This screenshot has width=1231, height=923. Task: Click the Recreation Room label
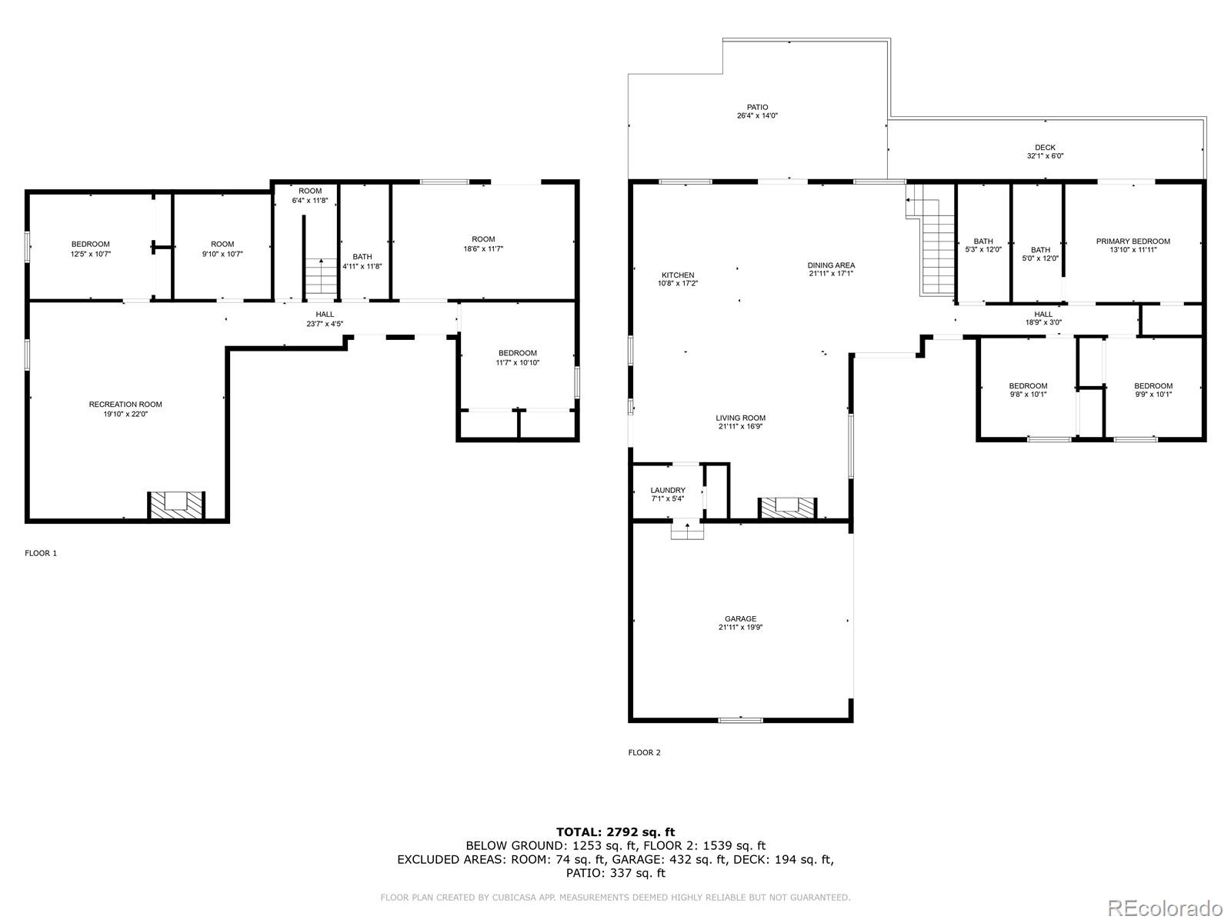125,405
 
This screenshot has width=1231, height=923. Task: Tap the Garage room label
740,618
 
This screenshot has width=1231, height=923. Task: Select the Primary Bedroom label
1133,242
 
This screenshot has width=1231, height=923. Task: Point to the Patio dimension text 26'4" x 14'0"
757,116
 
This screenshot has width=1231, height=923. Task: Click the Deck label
1046,148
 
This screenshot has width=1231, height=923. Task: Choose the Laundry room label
668,491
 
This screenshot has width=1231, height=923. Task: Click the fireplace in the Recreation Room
176,505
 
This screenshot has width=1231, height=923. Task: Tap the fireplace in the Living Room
787,508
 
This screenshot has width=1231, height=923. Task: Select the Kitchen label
678,275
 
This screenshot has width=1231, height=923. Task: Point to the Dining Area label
831,265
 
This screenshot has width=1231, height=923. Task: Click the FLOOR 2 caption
645,753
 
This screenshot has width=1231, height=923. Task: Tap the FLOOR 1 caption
41,553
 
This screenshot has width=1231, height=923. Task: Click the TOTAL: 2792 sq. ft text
615,832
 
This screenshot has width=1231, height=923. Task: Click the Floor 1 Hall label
325,315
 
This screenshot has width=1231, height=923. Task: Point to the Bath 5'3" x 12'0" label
983,245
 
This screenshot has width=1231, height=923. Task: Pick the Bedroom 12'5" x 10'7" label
91,248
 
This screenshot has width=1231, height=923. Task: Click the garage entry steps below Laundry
687,530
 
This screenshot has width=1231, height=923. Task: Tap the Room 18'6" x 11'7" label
483,244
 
